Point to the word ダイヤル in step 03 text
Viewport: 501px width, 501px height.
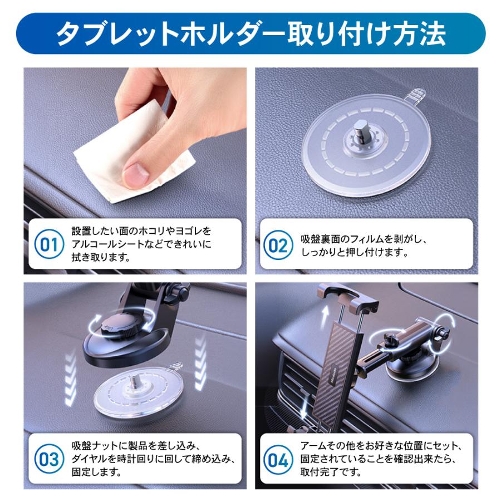click(x=91, y=460)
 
